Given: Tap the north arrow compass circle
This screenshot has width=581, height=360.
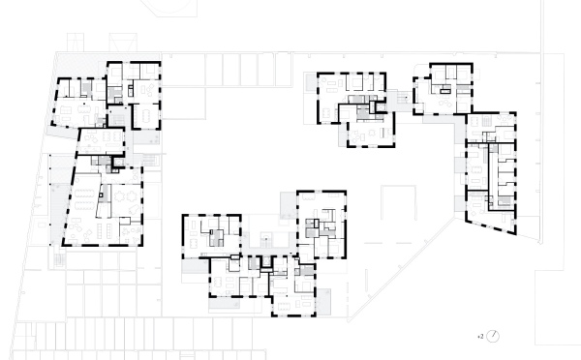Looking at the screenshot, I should click(x=495, y=336).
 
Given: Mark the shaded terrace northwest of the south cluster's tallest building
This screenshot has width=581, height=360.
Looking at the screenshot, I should click(x=288, y=206).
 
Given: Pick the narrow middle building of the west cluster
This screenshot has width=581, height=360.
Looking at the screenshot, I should click(x=102, y=145).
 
